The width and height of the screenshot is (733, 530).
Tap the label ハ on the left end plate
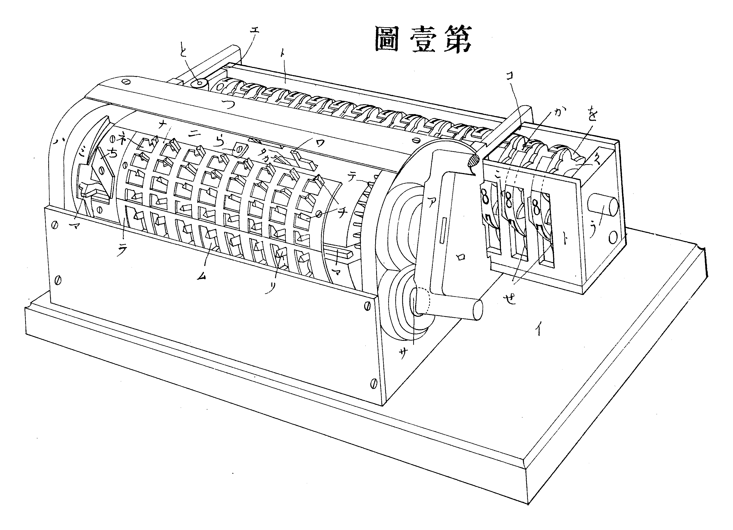click(59, 141)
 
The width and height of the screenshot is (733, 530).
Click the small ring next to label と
click(199, 83)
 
